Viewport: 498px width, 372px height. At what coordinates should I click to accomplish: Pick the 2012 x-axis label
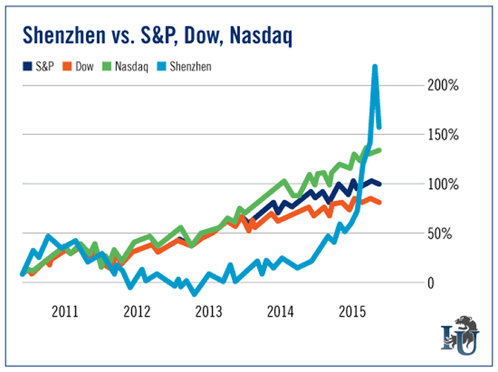pos(137,309)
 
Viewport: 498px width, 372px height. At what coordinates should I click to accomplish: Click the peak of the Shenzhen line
pos(374,67)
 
